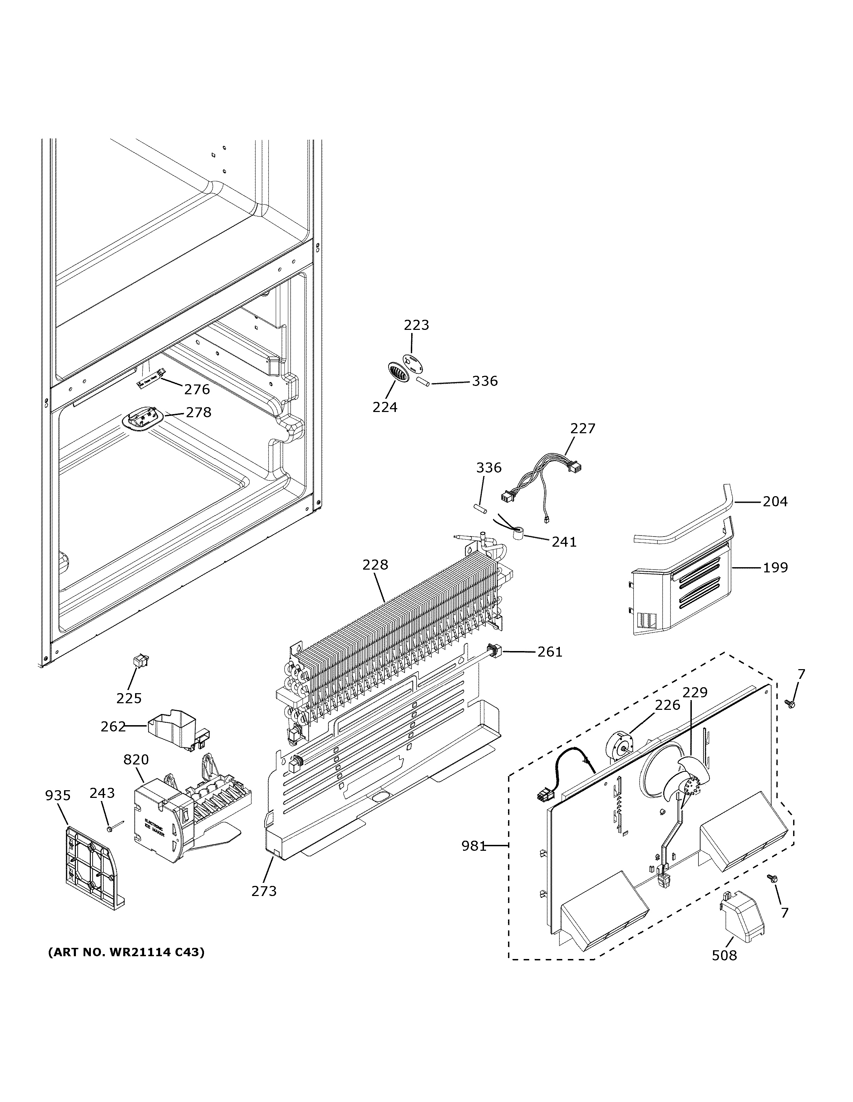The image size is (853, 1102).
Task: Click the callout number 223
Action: tap(416, 325)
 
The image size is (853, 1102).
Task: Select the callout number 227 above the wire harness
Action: tap(582, 428)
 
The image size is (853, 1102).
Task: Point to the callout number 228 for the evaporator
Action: tap(375, 565)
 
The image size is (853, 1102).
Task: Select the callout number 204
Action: tap(775, 501)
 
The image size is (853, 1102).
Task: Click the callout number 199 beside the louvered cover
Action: tap(775, 568)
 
